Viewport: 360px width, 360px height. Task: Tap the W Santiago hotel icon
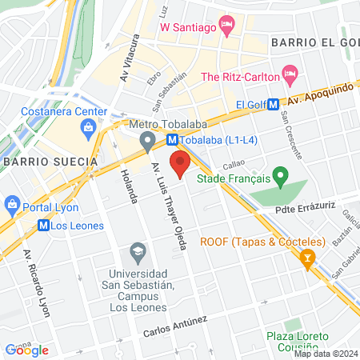click(x=228, y=28)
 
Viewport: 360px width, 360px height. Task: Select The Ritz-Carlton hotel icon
click(x=290, y=77)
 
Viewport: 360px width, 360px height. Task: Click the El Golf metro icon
click(x=274, y=103)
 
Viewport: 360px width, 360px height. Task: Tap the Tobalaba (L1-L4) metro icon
click(x=172, y=138)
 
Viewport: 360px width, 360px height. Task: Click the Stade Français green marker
click(x=279, y=174)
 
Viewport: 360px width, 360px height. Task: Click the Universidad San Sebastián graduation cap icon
click(x=138, y=254)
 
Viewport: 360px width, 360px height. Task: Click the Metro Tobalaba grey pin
click(x=146, y=143)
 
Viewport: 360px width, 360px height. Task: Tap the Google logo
click(x=27, y=350)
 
